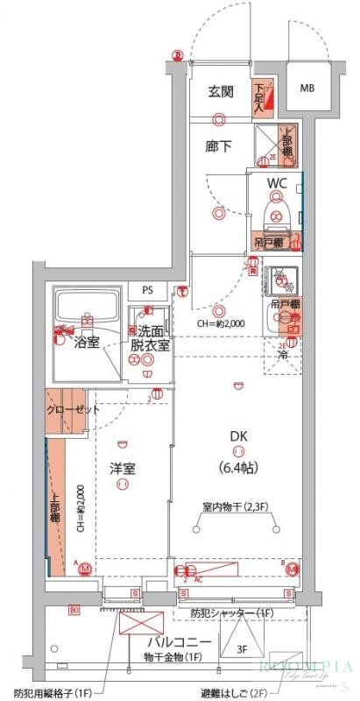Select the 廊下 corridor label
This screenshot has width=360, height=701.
pos(220,145)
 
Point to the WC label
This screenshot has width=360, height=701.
pos(277,183)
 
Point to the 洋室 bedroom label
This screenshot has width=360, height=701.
pos(122,468)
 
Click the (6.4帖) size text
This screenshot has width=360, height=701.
pos(237,468)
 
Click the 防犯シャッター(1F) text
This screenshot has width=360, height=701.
pos(231,612)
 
